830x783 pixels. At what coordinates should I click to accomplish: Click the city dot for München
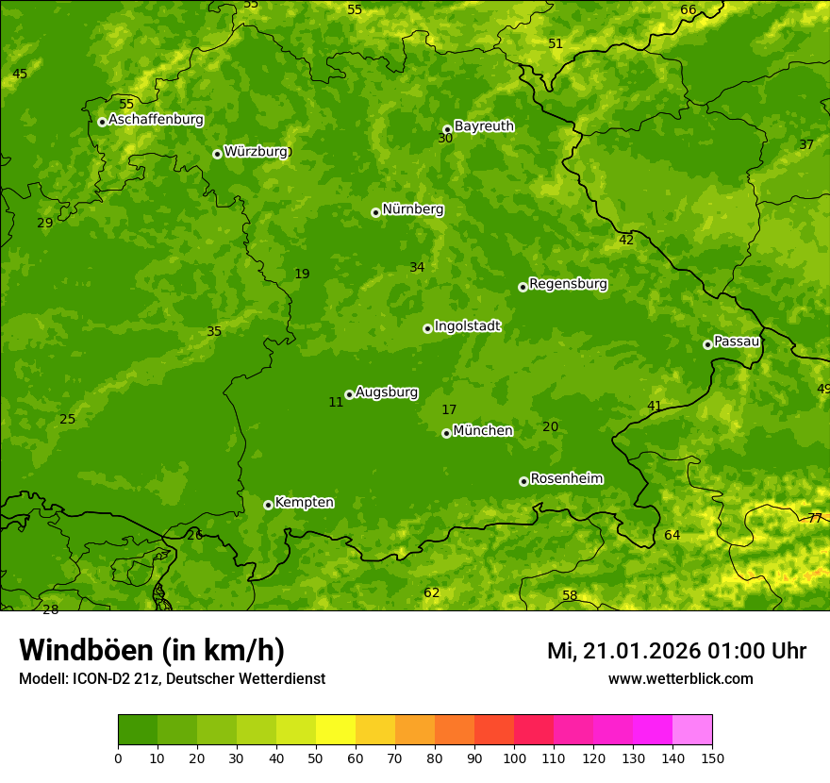(447, 433)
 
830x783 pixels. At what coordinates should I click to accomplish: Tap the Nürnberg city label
(412, 209)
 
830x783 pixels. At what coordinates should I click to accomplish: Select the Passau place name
(737, 342)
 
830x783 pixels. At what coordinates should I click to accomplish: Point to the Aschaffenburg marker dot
(102, 122)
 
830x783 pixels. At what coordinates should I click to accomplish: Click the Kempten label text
(304, 503)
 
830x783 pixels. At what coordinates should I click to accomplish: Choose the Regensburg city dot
(523, 287)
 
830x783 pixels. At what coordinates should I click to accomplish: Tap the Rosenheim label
(566, 479)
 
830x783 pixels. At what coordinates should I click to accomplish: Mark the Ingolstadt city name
(467, 326)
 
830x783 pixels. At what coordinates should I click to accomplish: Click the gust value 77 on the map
(815, 518)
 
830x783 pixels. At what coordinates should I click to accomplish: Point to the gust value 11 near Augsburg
(336, 402)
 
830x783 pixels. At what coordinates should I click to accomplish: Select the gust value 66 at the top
(689, 10)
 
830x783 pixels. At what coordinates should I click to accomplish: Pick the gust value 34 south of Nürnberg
(417, 268)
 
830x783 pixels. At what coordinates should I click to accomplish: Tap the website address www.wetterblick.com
(680, 678)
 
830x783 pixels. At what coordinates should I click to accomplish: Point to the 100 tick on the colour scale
(514, 758)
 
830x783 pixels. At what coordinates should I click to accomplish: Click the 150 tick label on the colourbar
(712, 758)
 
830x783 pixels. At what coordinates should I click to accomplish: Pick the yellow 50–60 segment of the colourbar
(336, 729)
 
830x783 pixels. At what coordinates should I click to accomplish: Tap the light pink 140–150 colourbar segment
(692, 729)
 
